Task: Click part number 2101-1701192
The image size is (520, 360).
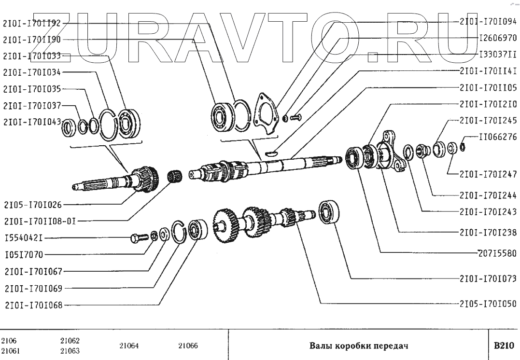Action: click(32, 23)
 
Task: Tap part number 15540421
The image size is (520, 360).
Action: click(25, 238)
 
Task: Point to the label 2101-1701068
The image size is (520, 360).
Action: click(32, 305)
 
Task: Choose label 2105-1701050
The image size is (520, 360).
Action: click(488, 304)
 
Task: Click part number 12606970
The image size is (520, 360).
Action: click(497, 38)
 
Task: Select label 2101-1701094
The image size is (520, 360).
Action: click(488, 21)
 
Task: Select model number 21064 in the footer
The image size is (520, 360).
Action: click(128, 346)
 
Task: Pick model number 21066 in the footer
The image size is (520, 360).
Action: click(188, 346)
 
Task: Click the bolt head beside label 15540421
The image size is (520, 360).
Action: click(137, 238)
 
